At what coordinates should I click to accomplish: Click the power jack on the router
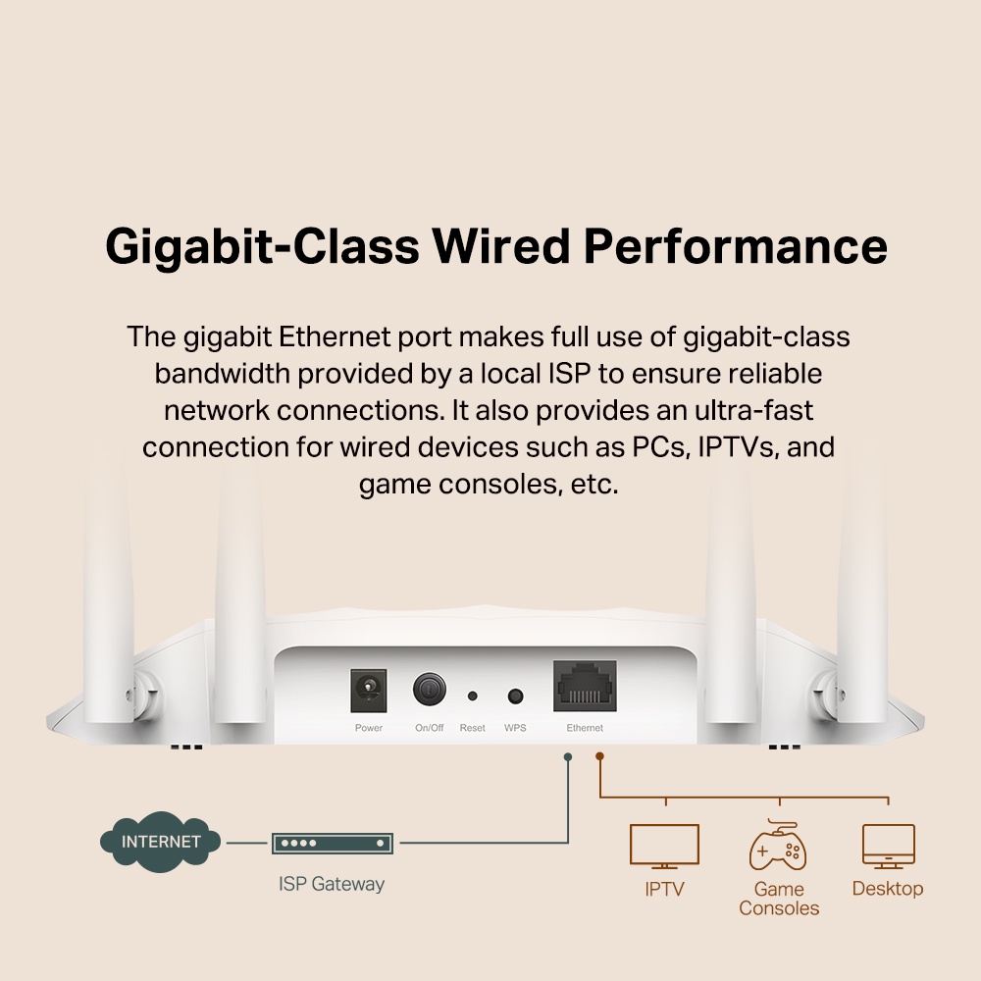coord(369,691)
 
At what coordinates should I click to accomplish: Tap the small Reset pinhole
coord(472,696)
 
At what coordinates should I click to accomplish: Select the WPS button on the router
coord(515,696)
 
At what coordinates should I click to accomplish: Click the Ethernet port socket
coord(585,685)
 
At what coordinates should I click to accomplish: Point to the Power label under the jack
coord(369,728)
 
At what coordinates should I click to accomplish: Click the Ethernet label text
coord(585,728)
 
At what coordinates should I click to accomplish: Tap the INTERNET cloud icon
coord(160,842)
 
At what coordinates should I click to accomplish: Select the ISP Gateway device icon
coord(333,843)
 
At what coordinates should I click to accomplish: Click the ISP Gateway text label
coord(332,884)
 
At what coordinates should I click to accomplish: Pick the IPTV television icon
coord(664,846)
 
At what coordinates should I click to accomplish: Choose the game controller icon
coord(778,847)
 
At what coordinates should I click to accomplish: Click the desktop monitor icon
coord(888,846)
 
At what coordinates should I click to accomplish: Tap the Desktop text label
coord(888,889)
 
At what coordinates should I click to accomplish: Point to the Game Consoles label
coord(779,899)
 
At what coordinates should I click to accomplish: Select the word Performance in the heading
coord(736,246)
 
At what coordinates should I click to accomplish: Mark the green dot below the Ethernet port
coord(568,756)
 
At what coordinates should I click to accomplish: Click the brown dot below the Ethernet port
coord(600,756)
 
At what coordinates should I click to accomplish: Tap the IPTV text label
coord(664,890)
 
